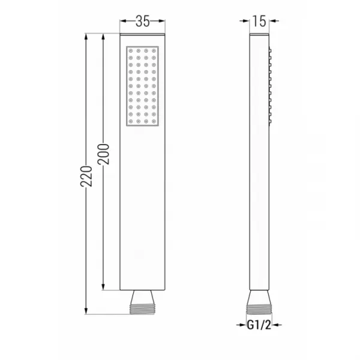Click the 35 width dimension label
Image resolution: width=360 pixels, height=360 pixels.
point(142,21)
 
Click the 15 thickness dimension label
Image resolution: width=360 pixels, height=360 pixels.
point(259,21)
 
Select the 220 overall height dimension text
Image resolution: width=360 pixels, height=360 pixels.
point(86,176)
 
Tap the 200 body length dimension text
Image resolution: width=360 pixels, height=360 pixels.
point(103,154)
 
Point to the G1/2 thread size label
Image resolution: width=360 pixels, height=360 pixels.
point(259,325)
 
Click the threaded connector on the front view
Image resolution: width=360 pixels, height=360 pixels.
point(142,309)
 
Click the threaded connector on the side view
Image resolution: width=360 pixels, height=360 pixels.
point(259,309)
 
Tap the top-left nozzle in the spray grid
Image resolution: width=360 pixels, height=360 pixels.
point(131,51)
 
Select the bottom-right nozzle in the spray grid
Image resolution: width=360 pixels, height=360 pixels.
point(154,121)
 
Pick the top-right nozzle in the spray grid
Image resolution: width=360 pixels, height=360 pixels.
point(154,51)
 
